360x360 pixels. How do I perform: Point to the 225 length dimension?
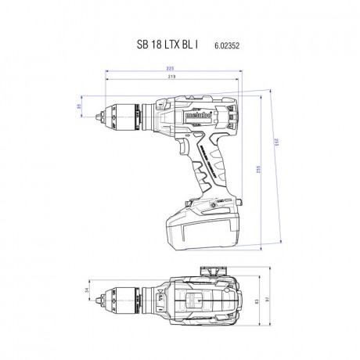click(170, 70)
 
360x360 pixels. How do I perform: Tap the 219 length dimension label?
click(170, 78)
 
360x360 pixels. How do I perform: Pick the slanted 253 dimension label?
click(284, 161)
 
